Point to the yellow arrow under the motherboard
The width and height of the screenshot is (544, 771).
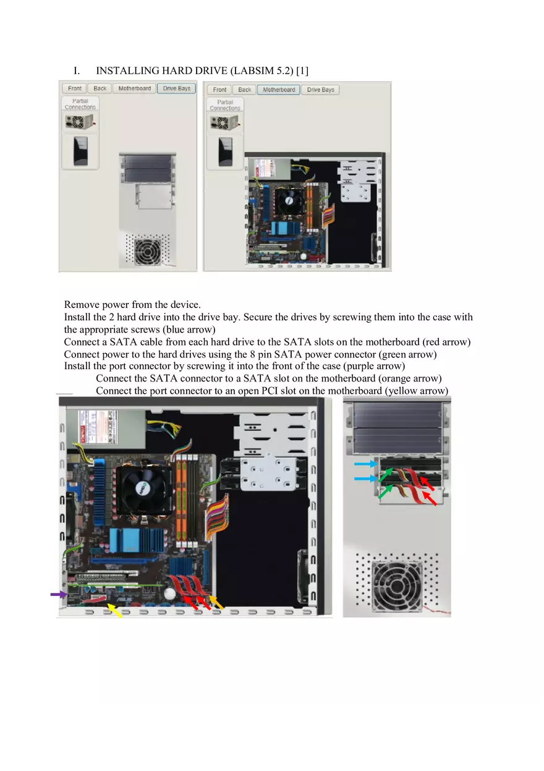[x=114, y=611]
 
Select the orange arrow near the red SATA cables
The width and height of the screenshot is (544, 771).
[x=216, y=602]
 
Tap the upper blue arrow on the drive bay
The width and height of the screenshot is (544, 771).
[x=365, y=463]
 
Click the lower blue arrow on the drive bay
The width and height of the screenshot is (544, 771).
[x=365, y=478]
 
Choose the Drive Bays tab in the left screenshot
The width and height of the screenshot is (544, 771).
[x=176, y=88]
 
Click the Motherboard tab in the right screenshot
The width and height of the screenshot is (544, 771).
[x=278, y=90]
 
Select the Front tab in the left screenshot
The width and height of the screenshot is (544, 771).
[x=75, y=88]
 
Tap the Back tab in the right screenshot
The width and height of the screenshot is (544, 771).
[x=245, y=90]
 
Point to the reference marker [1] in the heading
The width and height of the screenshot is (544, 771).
[x=303, y=71]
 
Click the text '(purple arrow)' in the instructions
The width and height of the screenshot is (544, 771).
[x=374, y=366]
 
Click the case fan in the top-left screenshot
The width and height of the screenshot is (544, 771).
[x=147, y=252]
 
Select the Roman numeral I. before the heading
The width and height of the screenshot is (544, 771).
[x=77, y=71]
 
